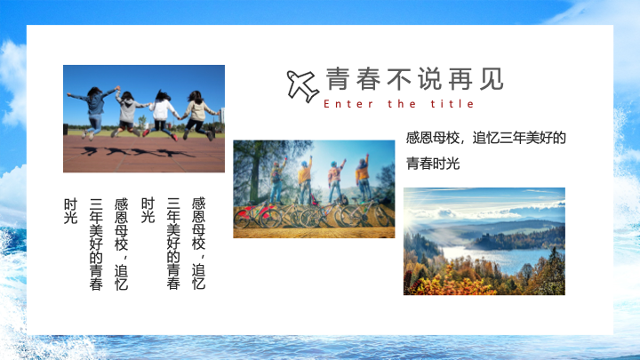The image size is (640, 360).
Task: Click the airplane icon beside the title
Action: pos(302,85)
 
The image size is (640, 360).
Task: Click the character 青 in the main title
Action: pos(337,79)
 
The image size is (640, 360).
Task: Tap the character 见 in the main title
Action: pos(492,79)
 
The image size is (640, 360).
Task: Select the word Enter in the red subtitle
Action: pos(348,104)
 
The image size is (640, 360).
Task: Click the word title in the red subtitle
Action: pos(452,104)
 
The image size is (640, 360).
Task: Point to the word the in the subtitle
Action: pos(402,104)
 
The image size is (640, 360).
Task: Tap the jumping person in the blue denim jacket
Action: pos(94,111)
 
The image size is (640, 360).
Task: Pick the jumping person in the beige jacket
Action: pos(199,115)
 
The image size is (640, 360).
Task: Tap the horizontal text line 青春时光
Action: pos(433,164)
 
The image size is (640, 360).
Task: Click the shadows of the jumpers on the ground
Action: pos(137,152)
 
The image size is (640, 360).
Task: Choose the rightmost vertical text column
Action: pos(198,244)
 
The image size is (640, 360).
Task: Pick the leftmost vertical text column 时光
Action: pos(70,211)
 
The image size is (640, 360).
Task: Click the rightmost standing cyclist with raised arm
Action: pos(363,178)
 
